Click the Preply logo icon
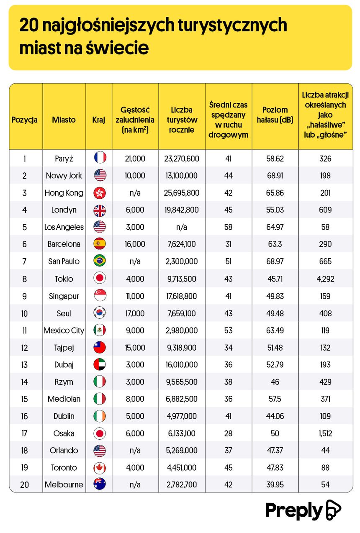[x=333, y=510]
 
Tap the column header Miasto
[x=64, y=120]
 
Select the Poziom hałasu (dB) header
[x=275, y=115]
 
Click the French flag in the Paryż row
[x=100, y=157]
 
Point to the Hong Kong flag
[x=100, y=193]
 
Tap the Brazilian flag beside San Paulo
[x=100, y=261]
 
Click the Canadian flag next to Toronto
[x=100, y=467]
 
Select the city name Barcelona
[x=64, y=244]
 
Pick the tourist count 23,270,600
[x=181, y=159]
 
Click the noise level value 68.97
[x=275, y=261]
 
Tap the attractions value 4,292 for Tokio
[x=326, y=279]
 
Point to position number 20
[x=25, y=485]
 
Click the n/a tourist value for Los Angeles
[x=181, y=227]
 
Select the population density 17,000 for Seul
[x=135, y=313]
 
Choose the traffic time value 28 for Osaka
[x=228, y=433]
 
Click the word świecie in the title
[x=117, y=48]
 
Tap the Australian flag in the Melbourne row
[x=100, y=484]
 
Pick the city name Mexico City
[x=64, y=331]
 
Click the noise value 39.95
[x=275, y=485]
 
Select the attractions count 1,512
[x=326, y=433]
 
